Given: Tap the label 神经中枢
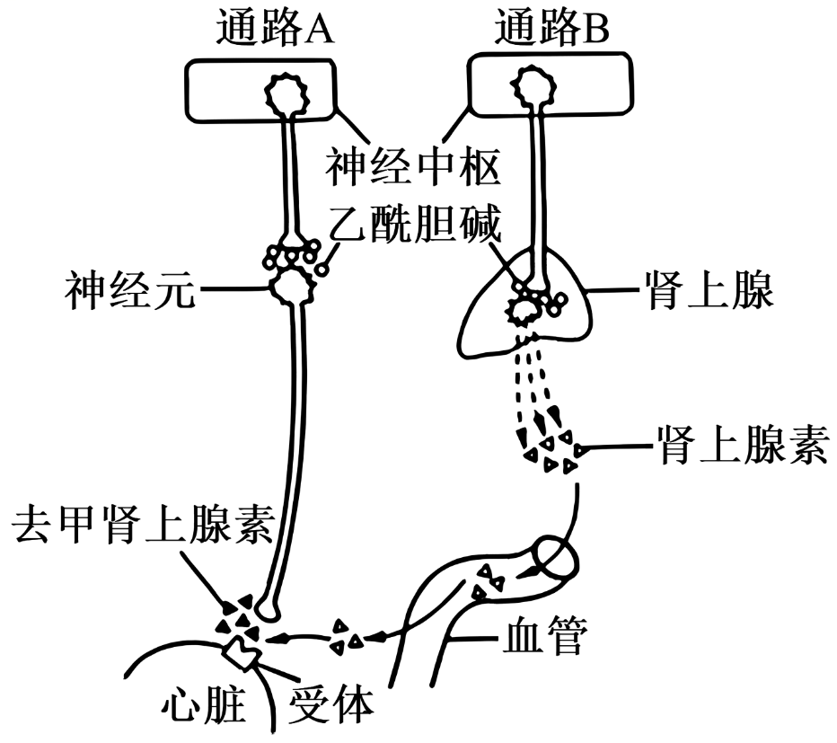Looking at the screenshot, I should pyautogui.click(x=412, y=166).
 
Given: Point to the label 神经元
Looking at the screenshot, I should pyautogui.click(x=129, y=290).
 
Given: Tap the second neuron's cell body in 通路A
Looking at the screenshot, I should pyautogui.click(x=293, y=287).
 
